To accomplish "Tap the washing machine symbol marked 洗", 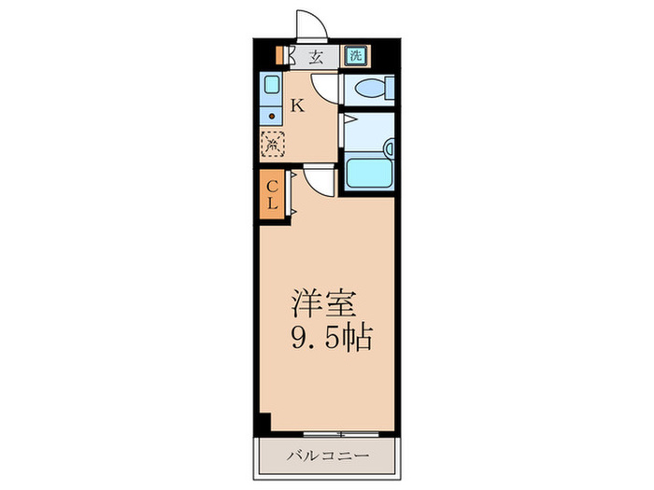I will [355, 55].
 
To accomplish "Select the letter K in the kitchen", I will [297, 105].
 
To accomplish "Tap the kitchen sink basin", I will [271, 89].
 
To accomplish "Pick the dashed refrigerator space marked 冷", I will [272, 145].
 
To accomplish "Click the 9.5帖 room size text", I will [331, 337].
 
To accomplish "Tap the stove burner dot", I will [272, 117].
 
